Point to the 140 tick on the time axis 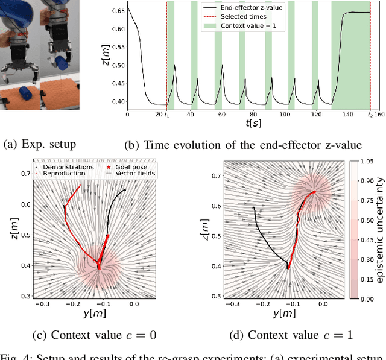(x=344, y=113)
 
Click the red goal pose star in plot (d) (x=314, y=193)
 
